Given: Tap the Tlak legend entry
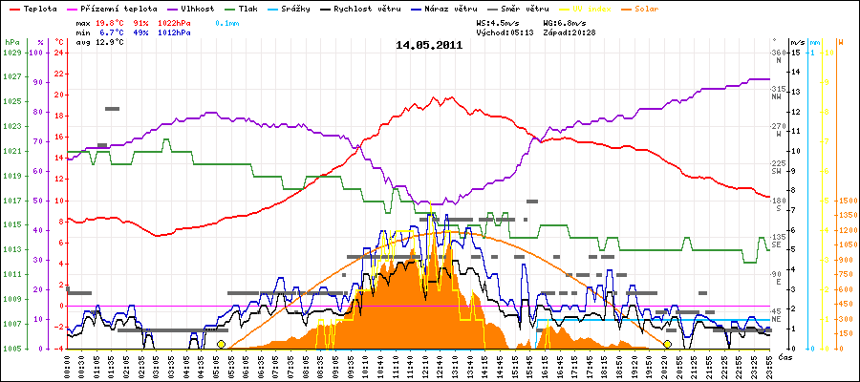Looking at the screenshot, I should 259,8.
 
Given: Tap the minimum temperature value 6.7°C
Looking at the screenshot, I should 114,32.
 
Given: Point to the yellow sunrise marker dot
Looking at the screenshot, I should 221,344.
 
